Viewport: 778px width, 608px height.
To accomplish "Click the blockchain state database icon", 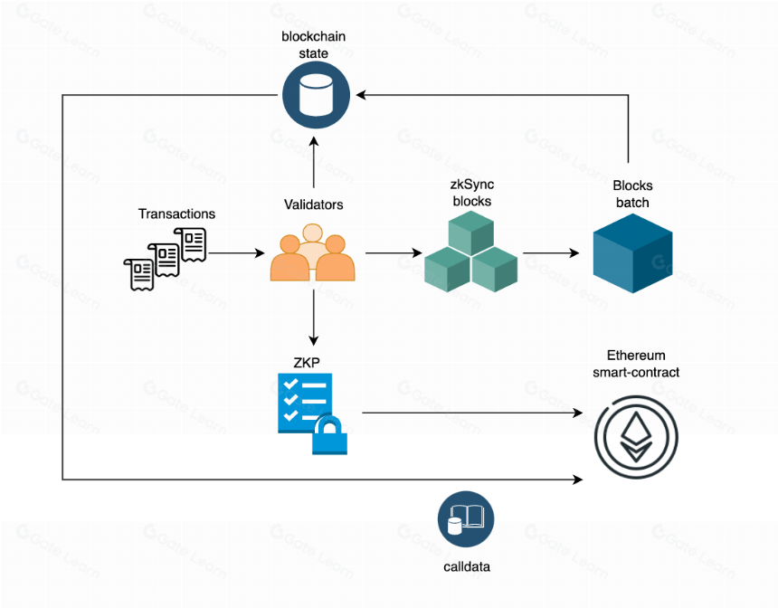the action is [x=316, y=95].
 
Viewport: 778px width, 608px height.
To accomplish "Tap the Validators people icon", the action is [x=313, y=252].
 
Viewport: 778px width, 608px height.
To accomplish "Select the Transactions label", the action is [x=176, y=214].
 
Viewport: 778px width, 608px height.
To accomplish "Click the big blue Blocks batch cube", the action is [x=632, y=253].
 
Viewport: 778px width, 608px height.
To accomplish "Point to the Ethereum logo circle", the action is [x=636, y=437].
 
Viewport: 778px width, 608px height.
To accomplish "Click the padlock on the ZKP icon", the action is [x=329, y=435].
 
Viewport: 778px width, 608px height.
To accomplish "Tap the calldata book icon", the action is [x=466, y=519].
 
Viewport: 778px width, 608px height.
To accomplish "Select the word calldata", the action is [x=467, y=566].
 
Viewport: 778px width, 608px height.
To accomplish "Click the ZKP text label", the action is [x=307, y=363].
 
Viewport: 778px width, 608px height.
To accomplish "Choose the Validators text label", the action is [x=314, y=204].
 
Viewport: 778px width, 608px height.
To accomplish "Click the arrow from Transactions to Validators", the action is [x=237, y=253].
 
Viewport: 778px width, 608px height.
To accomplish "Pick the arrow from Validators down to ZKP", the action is [x=314, y=318].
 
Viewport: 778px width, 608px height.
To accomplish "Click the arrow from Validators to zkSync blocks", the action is [x=394, y=253].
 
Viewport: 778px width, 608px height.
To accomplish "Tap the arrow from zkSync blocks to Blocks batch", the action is [x=551, y=253].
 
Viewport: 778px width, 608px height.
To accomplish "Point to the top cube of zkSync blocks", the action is [x=470, y=233].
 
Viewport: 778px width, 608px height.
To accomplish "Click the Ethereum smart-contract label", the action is [x=636, y=364].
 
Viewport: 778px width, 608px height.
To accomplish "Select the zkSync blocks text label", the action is [x=472, y=193].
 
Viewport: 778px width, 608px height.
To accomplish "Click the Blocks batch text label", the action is [x=632, y=194].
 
